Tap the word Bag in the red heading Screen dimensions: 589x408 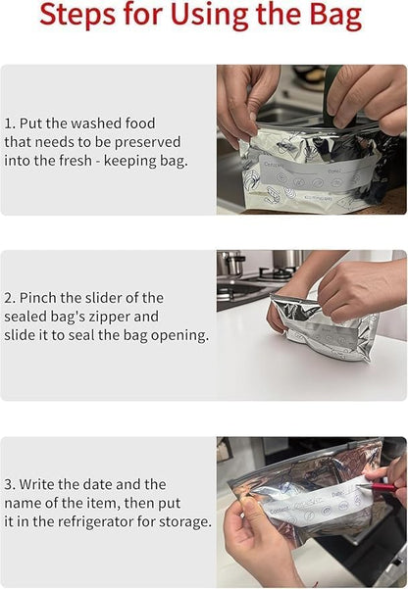click(331, 17)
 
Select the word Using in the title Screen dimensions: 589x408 click(221, 17)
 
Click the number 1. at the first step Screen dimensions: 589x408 click(11, 124)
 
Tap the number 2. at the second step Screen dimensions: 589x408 click(12, 297)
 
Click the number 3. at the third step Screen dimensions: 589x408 click(12, 484)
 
